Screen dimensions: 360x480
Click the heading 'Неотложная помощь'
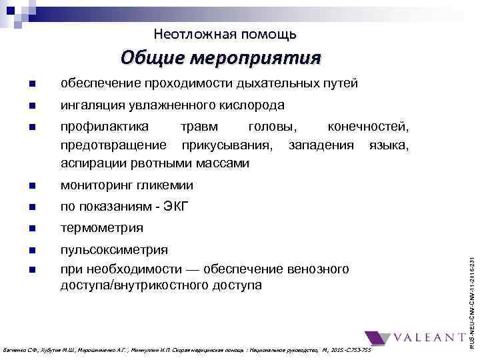tap(225, 33)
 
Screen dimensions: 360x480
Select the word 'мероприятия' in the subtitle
tap(257, 58)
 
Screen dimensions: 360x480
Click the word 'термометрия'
tap(101, 228)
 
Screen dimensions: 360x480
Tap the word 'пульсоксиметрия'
tap(114, 249)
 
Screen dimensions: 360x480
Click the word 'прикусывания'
tap(225, 145)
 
